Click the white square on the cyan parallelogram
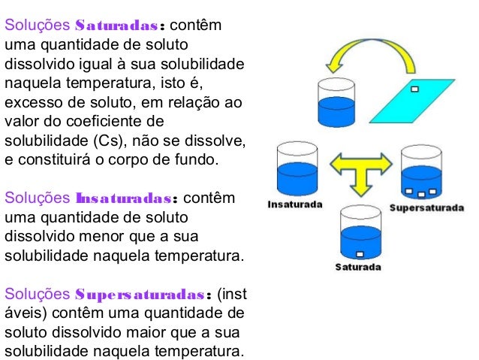pos(414,89)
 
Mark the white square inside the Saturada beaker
pos(359,253)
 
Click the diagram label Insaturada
pos(296,205)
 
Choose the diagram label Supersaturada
pos(426,207)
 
